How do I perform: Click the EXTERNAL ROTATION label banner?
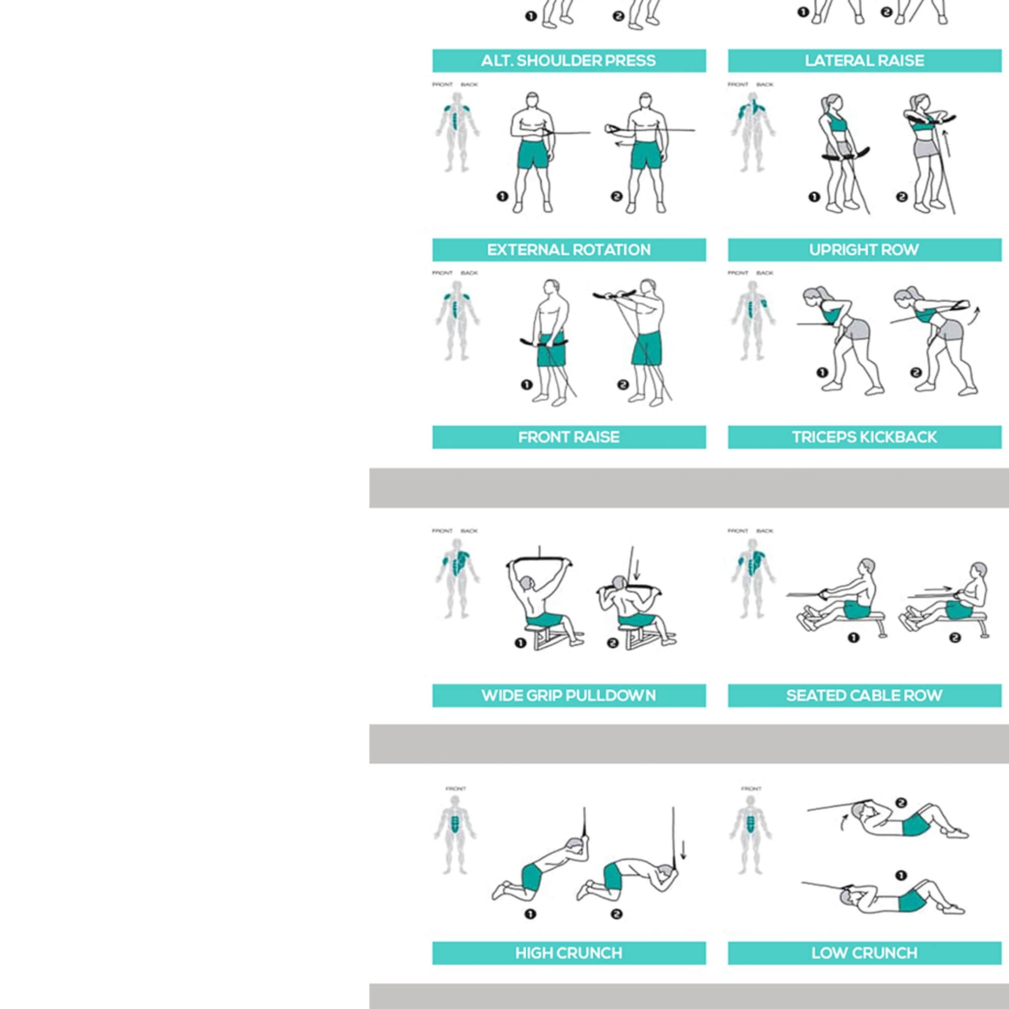point(569,250)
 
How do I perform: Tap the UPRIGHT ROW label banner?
point(864,250)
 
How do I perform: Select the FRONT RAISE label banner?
point(569,437)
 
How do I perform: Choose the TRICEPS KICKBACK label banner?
point(864,437)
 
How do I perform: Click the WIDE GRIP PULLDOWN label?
point(569,696)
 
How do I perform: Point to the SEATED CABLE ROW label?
point(864,696)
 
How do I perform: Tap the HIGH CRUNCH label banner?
point(569,953)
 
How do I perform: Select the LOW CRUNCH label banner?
point(864,953)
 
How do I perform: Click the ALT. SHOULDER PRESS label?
point(569,61)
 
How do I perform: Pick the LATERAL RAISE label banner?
point(864,61)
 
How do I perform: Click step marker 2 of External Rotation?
point(616,197)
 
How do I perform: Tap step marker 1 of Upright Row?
point(814,197)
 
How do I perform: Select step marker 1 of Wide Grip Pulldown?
point(520,643)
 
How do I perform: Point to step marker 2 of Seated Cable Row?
point(955,638)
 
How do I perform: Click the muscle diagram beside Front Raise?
point(457,321)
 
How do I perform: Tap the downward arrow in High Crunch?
point(684,849)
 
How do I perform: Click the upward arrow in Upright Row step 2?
point(946,144)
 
